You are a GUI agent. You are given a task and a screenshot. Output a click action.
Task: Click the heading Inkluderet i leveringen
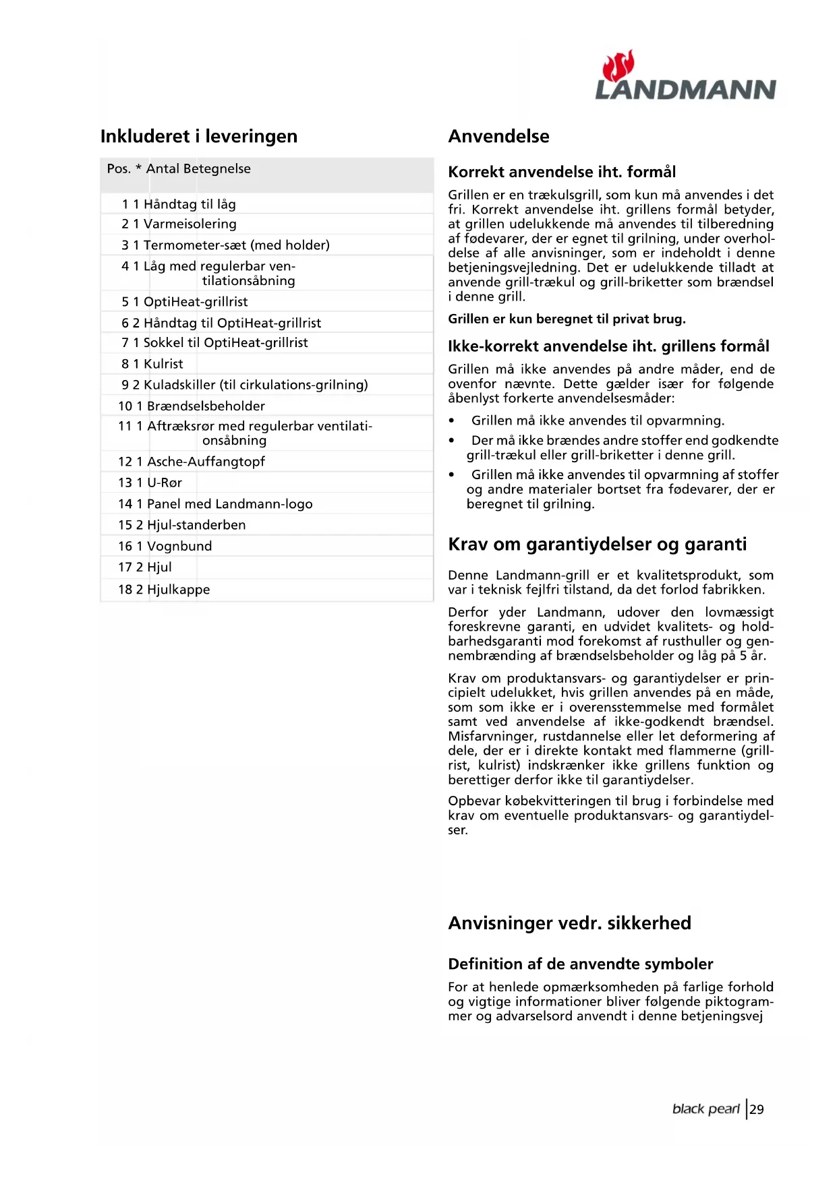tap(198, 137)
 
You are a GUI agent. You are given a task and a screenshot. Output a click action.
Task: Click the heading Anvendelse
tap(498, 137)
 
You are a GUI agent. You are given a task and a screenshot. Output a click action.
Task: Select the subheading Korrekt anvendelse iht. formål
tap(562, 172)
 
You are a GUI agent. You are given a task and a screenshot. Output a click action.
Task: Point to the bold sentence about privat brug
tap(567, 319)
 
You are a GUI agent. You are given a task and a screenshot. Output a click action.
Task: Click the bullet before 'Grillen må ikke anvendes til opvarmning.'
tap(452, 421)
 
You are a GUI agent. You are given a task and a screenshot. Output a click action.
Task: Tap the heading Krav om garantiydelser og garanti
tap(597, 545)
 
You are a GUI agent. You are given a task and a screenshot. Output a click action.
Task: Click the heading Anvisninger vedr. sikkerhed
tap(569, 923)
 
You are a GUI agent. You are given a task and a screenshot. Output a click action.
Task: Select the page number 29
tap(757, 1110)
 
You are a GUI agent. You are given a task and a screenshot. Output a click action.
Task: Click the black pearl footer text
tap(705, 1110)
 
